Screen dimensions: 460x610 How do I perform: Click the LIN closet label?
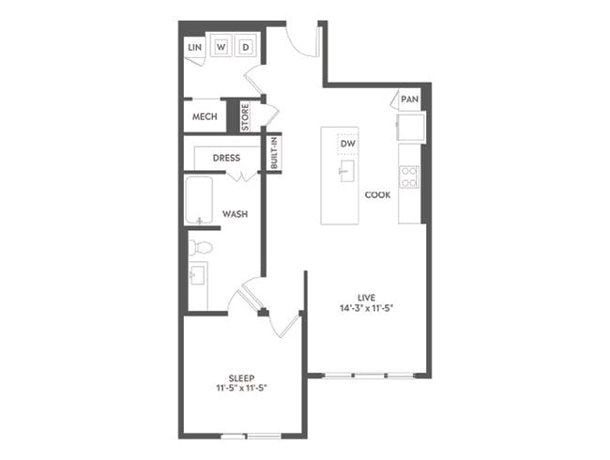point(195,46)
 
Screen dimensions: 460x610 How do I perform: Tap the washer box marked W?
point(222,46)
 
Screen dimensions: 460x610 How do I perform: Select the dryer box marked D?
point(247,46)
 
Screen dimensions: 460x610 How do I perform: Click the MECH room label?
point(205,116)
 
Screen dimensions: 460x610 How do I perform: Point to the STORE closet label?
point(245,115)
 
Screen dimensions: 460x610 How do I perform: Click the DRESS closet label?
point(226,158)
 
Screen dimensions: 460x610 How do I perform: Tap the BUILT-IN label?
point(274,153)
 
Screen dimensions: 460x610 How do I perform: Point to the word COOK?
point(377,194)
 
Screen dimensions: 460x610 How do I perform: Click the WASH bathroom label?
point(235,214)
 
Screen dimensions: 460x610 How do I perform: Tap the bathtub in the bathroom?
point(199,200)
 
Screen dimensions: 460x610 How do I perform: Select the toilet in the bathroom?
point(199,248)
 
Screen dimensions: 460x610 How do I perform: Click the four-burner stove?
point(410,176)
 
